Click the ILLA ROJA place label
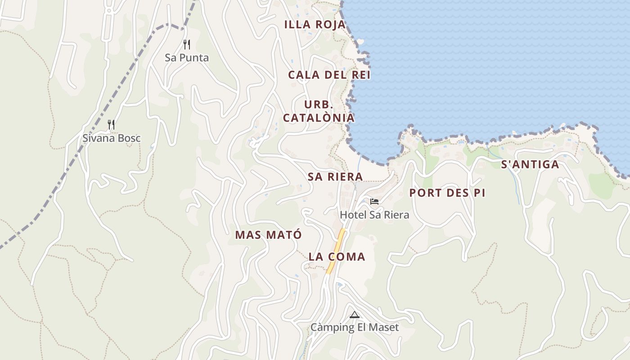point(315,25)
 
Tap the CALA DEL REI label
point(329,75)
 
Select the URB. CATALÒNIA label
point(318,111)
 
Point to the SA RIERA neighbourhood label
point(335,176)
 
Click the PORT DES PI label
point(447,193)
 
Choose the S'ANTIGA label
point(530,165)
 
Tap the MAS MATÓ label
point(268,235)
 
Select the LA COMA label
point(337,257)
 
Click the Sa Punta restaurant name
point(187,58)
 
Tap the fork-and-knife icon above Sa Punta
point(187,44)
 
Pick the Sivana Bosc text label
point(111,138)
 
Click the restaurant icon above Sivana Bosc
point(111,124)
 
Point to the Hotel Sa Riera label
point(374,215)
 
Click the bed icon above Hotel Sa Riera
point(374,201)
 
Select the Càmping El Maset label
point(355,328)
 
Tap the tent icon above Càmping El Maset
point(355,315)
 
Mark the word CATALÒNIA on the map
point(318,118)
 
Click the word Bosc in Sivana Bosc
point(129,138)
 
